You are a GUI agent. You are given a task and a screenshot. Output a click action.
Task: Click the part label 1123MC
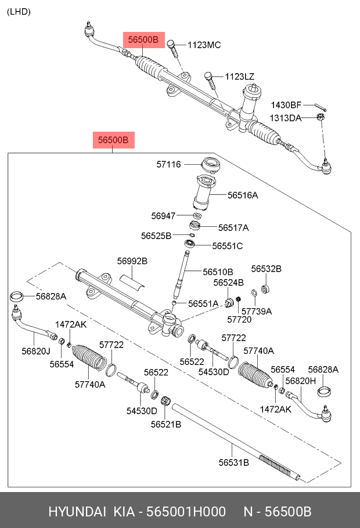[204, 45]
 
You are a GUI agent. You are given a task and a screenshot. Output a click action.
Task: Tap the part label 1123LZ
[240, 77]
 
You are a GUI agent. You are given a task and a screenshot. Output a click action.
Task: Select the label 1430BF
[286, 105]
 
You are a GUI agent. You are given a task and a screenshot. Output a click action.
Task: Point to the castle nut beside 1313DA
[321, 117]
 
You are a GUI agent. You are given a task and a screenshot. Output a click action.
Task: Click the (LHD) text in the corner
[19, 12]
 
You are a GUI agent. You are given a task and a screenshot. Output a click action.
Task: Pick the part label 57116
[168, 164]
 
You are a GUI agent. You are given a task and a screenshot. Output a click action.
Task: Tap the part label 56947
[163, 216]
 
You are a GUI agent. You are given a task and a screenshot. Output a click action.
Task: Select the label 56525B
[156, 236]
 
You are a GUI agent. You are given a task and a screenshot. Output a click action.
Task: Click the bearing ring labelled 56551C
[190, 243]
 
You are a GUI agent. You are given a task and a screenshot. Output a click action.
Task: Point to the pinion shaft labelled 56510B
[182, 274]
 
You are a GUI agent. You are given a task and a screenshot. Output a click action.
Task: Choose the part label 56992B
[132, 261]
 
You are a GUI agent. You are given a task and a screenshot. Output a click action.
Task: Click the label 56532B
[267, 269]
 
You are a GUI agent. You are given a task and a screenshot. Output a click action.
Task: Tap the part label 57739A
[257, 311]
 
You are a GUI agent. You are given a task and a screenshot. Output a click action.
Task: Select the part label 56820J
[36, 351]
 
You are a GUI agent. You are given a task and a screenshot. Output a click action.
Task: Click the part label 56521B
[166, 424]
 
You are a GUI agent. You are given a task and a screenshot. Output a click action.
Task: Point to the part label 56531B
[234, 462]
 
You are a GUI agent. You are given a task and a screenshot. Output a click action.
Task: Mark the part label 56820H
[301, 381]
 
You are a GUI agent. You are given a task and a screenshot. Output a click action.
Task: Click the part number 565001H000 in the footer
[186, 512]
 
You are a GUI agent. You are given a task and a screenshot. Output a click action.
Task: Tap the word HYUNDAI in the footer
[77, 512]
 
